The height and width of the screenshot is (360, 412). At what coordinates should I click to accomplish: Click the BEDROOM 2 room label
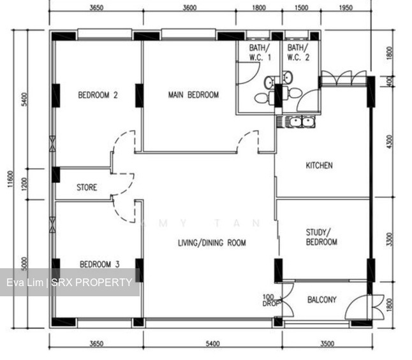(x=98, y=96)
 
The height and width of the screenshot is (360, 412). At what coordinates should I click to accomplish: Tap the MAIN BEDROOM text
(x=193, y=95)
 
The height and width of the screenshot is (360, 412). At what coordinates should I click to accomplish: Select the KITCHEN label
(x=319, y=166)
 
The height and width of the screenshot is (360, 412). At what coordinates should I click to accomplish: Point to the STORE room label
(x=87, y=188)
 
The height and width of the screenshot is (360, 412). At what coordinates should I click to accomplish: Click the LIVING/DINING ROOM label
(x=212, y=243)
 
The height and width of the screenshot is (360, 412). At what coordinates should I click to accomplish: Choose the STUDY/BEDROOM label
(x=321, y=238)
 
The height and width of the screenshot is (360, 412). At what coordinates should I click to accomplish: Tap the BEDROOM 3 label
(x=99, y=263)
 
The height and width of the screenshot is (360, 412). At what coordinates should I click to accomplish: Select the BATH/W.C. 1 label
(x=254, y=53)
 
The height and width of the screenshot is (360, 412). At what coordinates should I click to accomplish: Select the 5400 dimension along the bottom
(x=212, y=344)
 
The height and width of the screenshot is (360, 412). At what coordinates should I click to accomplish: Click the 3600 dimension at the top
(x=189, y=8)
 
